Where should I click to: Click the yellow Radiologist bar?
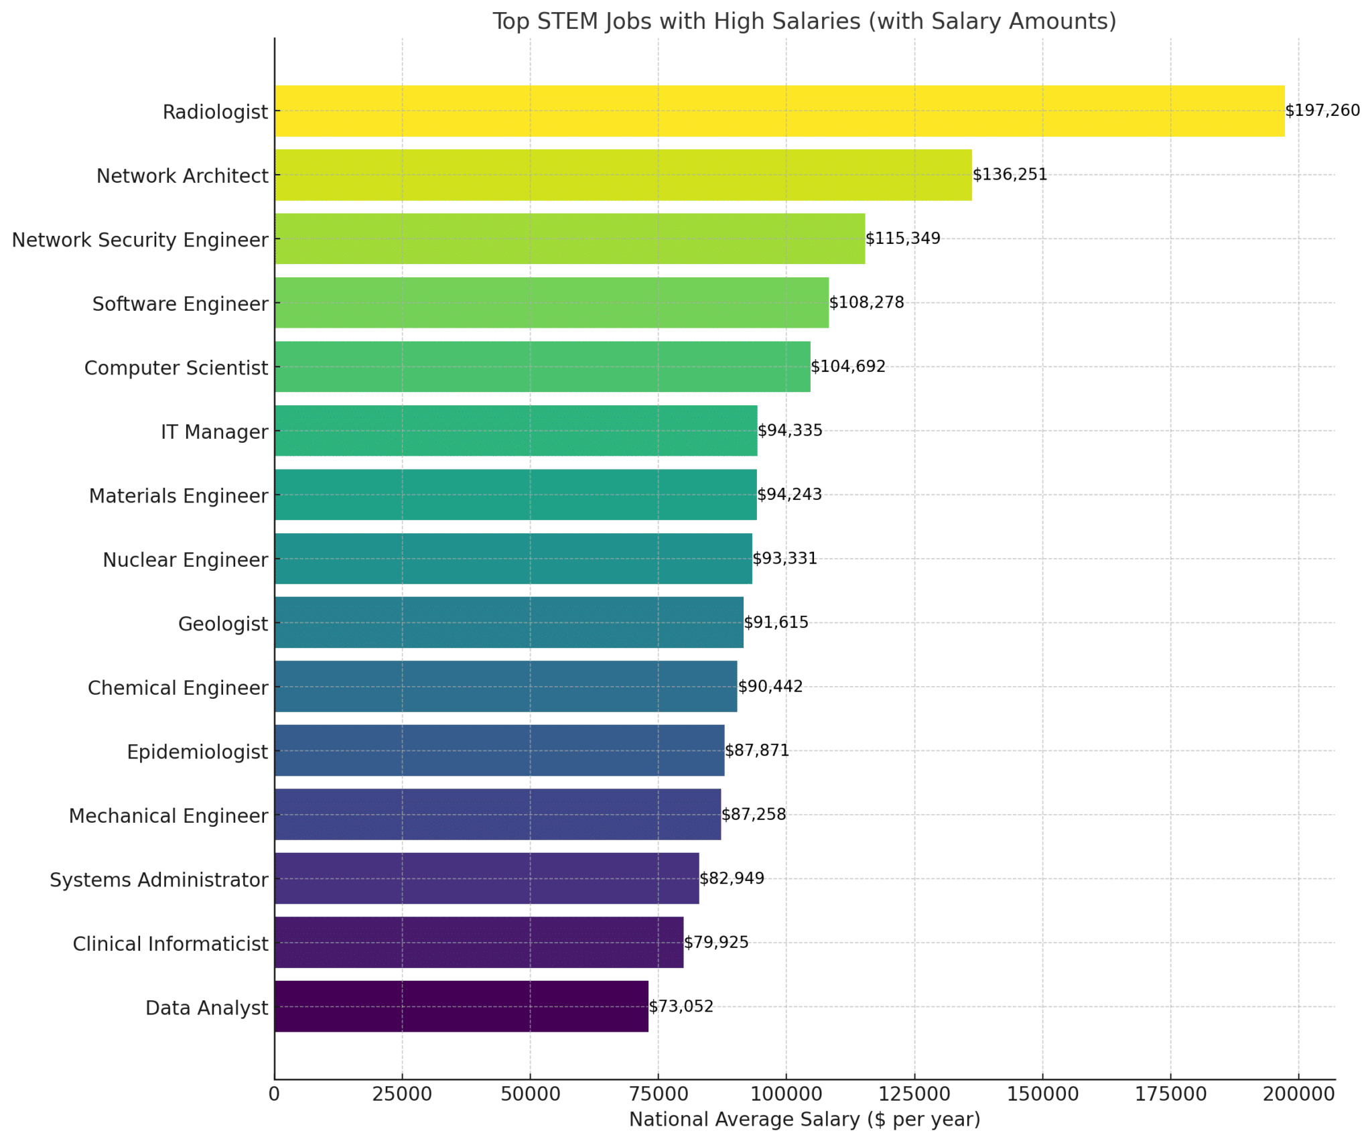[779, 111]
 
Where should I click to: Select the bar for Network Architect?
[623, 175]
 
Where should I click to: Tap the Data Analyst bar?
[461, 1006]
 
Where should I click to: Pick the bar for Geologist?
[508, 622]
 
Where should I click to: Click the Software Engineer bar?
[551, 303]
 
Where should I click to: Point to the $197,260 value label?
[1322, 111]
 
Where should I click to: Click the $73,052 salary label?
[681, 1006]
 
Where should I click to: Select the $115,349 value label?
[902, 239]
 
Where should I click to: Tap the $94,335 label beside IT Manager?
[790, 430]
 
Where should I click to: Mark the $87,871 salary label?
[757, 750]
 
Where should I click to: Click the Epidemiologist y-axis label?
[197, 752]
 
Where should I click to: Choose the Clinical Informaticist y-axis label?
[170, 944]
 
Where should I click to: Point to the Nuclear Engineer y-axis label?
[185, 560]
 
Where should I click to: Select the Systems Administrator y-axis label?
[159, 880]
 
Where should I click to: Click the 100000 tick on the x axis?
[786, 1094]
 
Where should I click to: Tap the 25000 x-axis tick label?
[402, 1094]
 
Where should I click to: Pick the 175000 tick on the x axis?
[1170, 1094]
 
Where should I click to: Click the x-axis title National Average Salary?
[804, 1120]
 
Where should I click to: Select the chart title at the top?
[804, 21]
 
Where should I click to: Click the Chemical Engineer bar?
[506, 686]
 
